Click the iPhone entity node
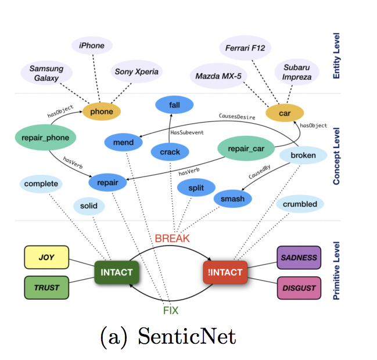click(x=91, y=46)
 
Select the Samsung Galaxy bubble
click(x=46, y=73)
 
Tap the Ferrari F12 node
click(x=246, y=48)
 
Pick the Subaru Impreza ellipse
click(x=296, y=72)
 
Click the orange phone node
click(x=102, y=111)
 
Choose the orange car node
click(x=285, y=113)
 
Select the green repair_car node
click(x=246, y=149)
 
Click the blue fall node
click(x=174, y=106)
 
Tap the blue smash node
click(x=232, y=199)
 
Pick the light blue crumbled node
click(x=300, y=204)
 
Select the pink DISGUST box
click(x=299, y=288)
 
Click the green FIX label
click(x=170, y=310)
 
